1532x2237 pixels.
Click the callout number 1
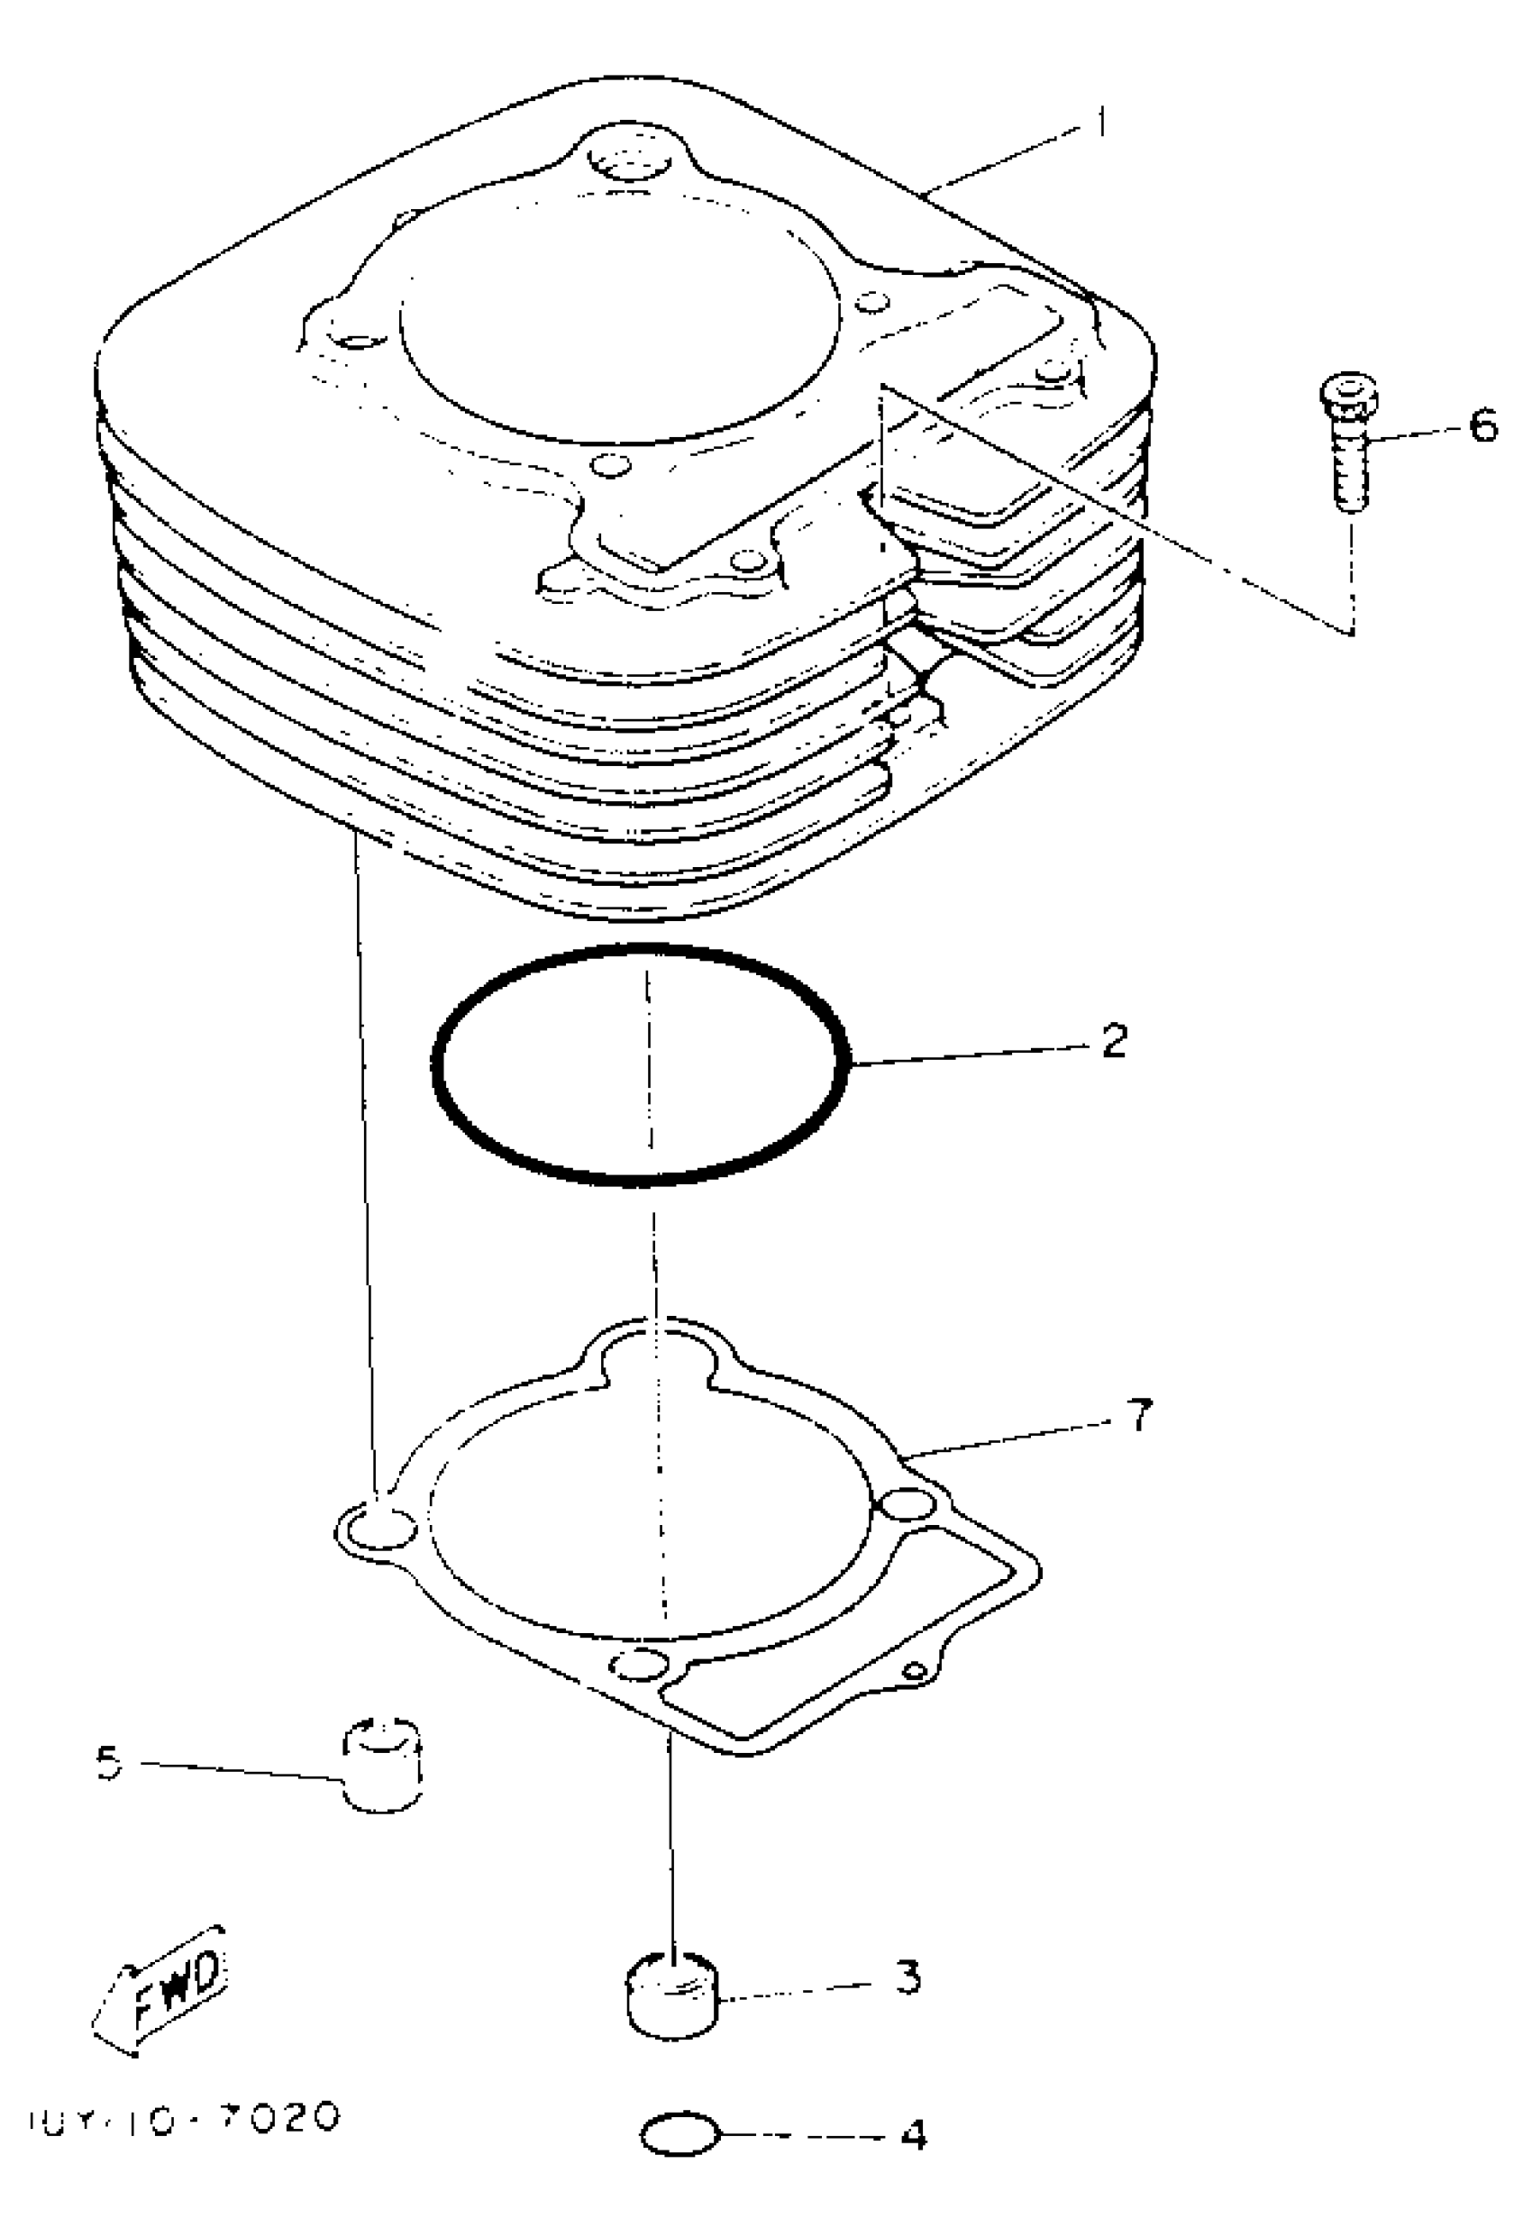click(x=1101, y=123)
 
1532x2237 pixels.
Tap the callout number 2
click(x=1113, y=1040)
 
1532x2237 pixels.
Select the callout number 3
click(x=907, y=1977)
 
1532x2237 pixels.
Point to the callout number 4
click(x=912, y=2134)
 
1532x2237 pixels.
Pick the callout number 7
click(x=1138, y=1415)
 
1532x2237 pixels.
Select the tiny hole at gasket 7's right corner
click(x=917, y=1669)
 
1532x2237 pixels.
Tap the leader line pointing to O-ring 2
click(x=972, y=1052)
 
